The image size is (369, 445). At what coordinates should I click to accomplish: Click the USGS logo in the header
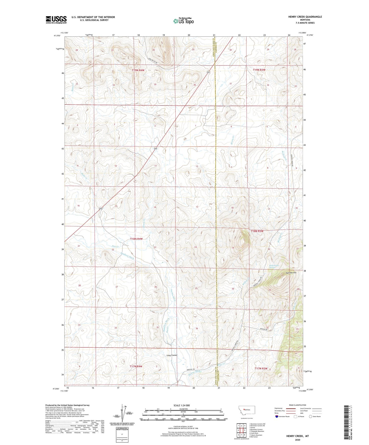click(x=56, y=20)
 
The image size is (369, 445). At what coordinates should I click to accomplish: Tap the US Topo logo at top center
click(x=183, y=21)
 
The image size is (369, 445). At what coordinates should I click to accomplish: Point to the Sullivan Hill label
click(x=291, y=273)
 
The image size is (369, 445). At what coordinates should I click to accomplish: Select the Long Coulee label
click(x=172, y=355)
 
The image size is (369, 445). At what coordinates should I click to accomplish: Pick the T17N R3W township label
click(x=261, y=369)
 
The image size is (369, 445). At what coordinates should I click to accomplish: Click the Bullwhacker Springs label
click(x=274, y=267)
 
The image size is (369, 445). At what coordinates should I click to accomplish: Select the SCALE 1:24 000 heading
click(x=181, y=405)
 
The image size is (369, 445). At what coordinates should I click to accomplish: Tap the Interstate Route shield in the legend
click(x=277, y=416)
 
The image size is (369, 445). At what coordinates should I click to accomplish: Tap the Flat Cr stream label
click(x=115, y=246)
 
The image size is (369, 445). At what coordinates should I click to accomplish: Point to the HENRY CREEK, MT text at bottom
click(x=297, y=436)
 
